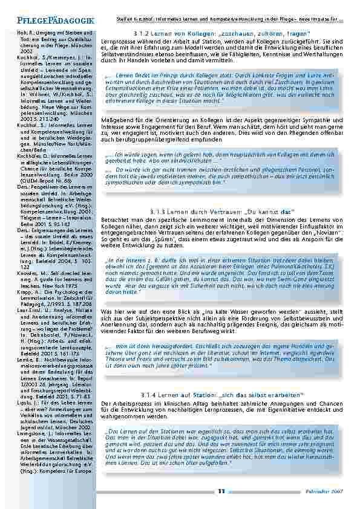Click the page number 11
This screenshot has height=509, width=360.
point(222,491)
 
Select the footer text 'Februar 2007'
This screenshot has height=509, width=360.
point(329,491)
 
